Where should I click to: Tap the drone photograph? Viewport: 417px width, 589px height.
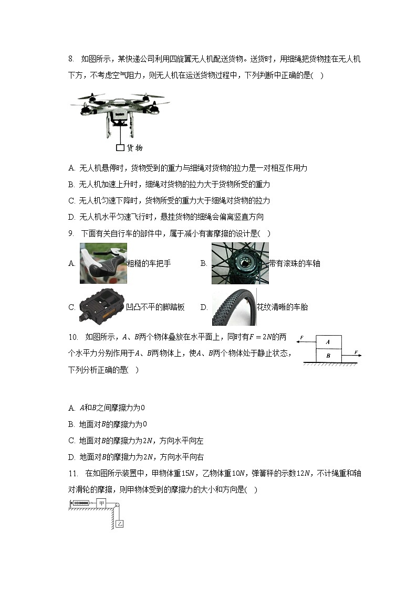[119, 110]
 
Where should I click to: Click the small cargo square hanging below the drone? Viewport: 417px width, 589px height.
[120, 147]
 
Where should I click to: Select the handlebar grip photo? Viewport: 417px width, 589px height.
[103, 263]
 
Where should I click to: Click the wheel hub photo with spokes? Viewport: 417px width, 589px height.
[240, 263]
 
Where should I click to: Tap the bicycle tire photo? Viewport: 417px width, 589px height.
[234, 307]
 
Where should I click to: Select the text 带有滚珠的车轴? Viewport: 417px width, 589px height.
[294, 263]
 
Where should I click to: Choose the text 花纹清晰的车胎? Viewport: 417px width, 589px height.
[282, 307]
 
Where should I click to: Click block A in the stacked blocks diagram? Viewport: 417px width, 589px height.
[328, 342]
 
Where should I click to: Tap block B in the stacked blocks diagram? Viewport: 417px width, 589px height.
[328, 355]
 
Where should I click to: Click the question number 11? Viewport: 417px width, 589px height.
[73, 473]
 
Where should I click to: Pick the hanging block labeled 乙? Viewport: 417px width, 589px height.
[120, 523]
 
